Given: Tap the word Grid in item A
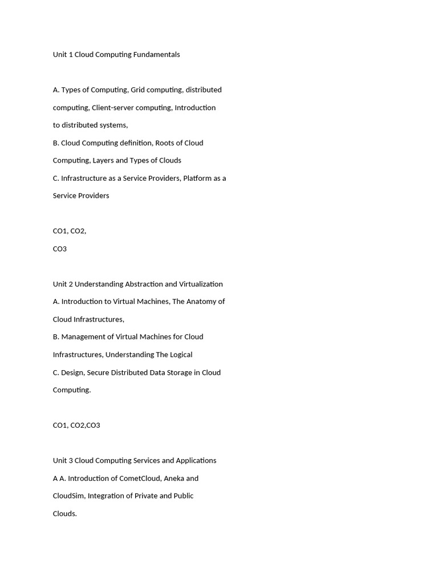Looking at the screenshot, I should [137, 90].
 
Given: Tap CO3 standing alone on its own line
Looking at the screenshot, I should [60, 249].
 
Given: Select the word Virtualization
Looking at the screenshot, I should [201, 284].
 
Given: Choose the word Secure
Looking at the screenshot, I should [99, 372].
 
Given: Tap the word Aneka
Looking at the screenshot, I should [173, 478].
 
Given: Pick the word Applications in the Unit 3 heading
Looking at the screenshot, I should [195, 461].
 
